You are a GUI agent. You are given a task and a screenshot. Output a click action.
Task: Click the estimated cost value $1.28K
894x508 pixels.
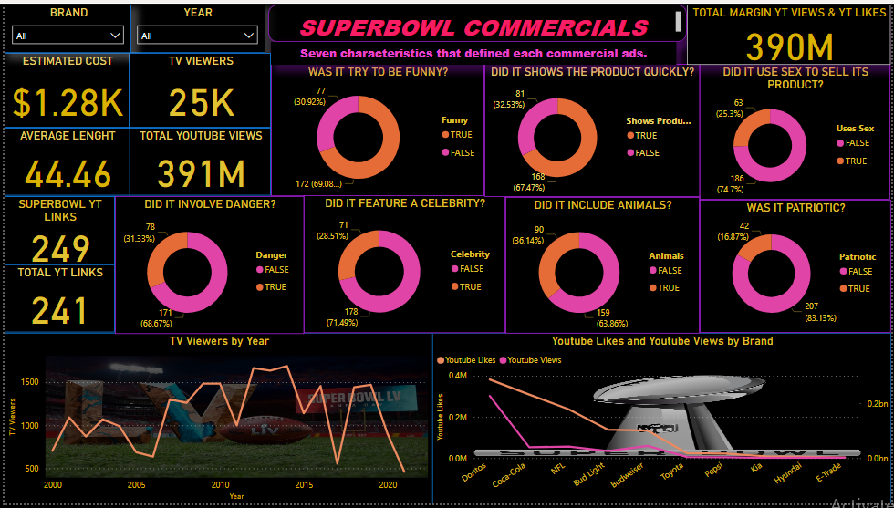[68, 102]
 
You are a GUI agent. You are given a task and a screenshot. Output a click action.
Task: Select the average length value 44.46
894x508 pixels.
[68, 173]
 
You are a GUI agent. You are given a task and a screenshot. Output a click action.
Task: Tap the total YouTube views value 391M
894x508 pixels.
[201, 173]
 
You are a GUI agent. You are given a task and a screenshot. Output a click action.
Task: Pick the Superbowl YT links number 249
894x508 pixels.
[61, 248]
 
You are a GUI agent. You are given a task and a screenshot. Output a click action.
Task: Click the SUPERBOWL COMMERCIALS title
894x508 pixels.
[474, 28]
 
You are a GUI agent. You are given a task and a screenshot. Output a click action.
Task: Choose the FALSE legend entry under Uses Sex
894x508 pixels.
[856, 144]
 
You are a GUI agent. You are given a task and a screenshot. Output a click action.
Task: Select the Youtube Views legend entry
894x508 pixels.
[534, 360]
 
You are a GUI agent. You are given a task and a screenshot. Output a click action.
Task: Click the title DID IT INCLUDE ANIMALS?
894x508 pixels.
[602, 205]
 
